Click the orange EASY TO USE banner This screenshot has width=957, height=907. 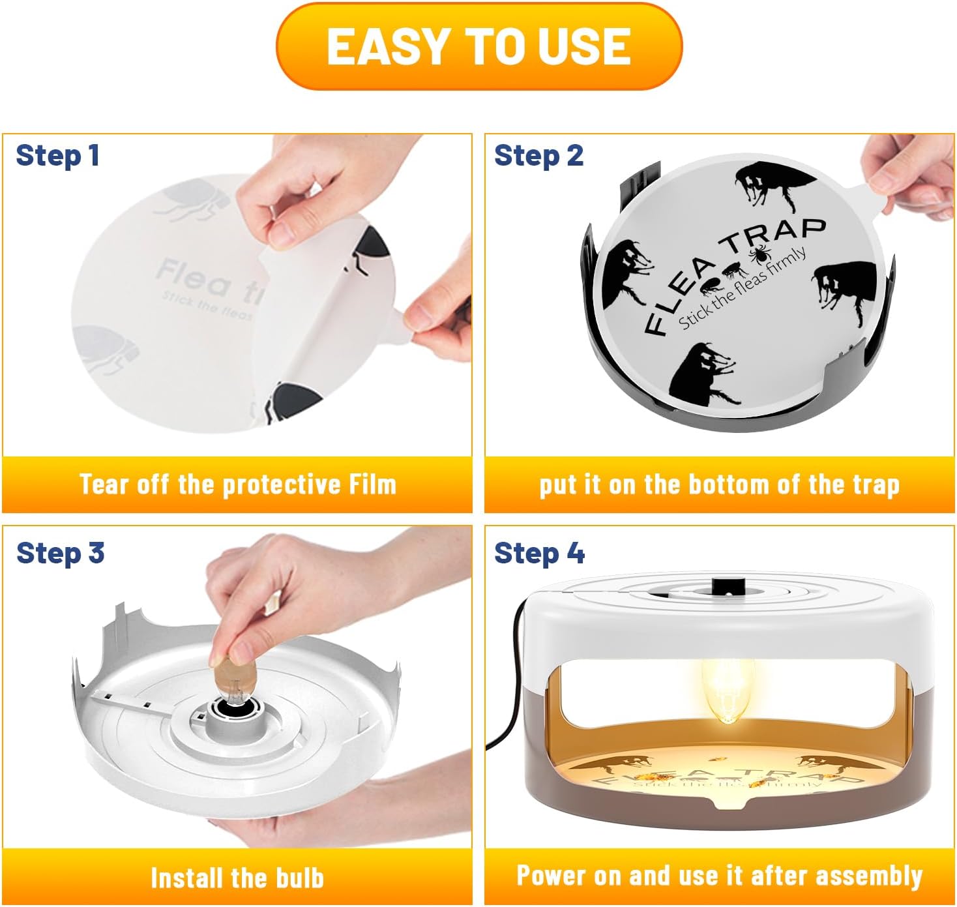point(478,46)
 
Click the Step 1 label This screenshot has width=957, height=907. point(57,156)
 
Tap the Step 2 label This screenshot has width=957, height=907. point(538,156)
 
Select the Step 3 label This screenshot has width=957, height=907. point(60,553)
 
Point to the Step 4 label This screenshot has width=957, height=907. point(539,553)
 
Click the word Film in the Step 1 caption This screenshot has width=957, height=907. point(372,484)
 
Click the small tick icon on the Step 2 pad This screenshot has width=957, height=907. point(759,254)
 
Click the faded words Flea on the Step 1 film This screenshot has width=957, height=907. point(193,277)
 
